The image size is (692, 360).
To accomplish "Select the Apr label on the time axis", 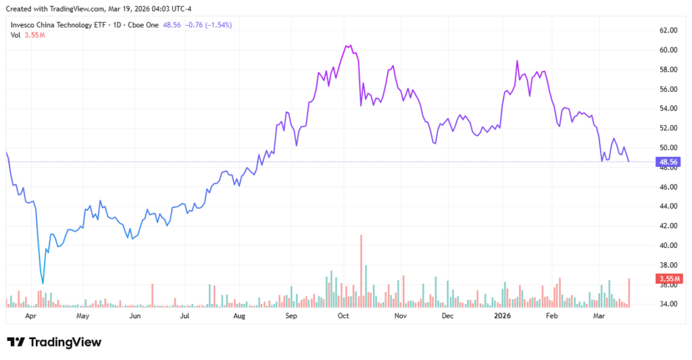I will (30, 315).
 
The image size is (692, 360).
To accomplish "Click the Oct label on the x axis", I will (343, 315).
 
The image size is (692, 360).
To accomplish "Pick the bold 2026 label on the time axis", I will (501, 315).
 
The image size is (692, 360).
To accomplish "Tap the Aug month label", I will (239, 315).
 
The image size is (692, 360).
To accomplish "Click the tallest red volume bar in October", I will (362, 270).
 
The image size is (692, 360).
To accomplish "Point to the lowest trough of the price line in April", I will (43, 283).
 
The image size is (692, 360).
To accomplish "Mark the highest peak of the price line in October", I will (347, 46).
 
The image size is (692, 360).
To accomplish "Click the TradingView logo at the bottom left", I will (54, 342).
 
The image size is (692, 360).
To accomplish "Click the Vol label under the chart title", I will (16, 35).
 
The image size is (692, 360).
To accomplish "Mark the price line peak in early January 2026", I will (517, 61).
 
